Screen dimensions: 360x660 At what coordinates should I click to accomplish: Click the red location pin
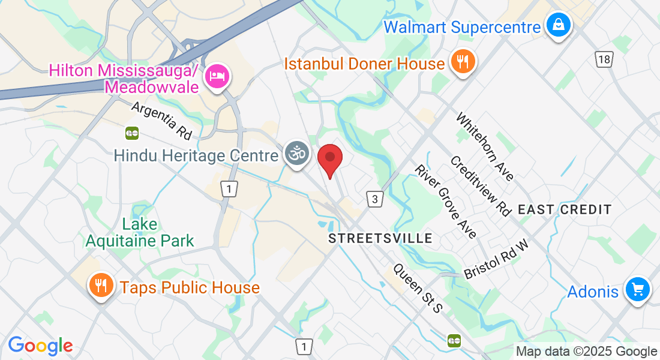pyautogui.click(x=329, y=159)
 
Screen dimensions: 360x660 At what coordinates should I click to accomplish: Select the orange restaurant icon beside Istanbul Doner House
pyautogui.click(x=463, y=62)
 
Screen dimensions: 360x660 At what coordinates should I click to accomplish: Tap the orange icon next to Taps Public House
pyautogui.click(x=101, y=286)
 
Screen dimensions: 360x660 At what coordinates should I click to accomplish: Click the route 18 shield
pyautogui.click(x=604, y=58)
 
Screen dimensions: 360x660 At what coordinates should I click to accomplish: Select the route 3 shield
pyautogui.click(x=374, y=199)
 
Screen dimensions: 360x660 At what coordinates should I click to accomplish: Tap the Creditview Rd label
pyautogui.click(x=481, y=185)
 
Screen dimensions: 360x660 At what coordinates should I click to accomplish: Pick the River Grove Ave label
pyautogui.click(x=446, y=200)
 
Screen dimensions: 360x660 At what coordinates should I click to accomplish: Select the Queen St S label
pyautogui.click(x=418, y=288)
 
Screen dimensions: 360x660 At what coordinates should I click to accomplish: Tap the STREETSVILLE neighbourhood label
pyautogui.click(x=380, y=238)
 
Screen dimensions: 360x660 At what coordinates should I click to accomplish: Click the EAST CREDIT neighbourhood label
pyautogui.click(x=565, y=209)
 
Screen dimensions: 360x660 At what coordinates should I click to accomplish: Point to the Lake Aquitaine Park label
pyautogui.click(x=140, y=233)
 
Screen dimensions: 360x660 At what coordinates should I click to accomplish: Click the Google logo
pyautogui.click(x=40, y=346)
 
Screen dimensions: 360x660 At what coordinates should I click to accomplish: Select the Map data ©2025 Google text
pyautogui.click(x=587, y=352)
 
